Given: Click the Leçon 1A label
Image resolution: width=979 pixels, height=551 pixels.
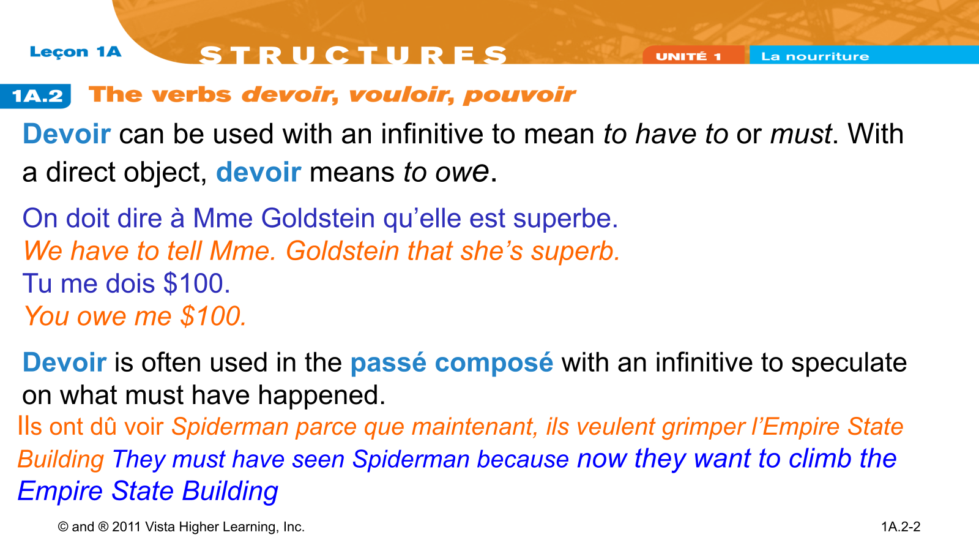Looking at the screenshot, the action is [75, 51].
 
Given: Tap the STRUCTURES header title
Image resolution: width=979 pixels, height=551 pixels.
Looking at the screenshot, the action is [353, 54].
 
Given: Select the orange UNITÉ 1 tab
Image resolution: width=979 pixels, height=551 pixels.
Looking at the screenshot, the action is [688, 56].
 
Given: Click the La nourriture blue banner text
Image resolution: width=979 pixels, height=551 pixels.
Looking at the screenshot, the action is [815, 56].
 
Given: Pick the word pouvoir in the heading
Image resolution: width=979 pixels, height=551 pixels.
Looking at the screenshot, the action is [519, 95].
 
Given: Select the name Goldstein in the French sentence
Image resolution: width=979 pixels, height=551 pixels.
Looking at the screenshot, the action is [318, 218].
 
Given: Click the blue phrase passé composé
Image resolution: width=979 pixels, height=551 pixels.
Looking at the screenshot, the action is [452, 363].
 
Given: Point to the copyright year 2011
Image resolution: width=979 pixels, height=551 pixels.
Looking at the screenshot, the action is [126, 527].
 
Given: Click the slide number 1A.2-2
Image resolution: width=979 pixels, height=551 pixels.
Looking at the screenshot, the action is [901, 527].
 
